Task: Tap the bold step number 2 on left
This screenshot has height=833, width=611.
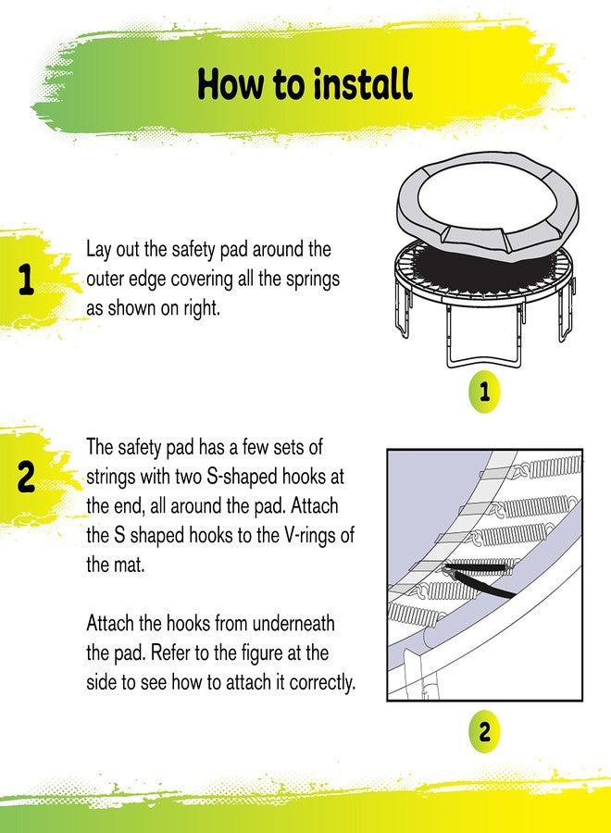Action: pos(26,479)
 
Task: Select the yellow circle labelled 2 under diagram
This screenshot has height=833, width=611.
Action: pos(483,732)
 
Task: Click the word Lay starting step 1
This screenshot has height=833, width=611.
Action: pos(100,250)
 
